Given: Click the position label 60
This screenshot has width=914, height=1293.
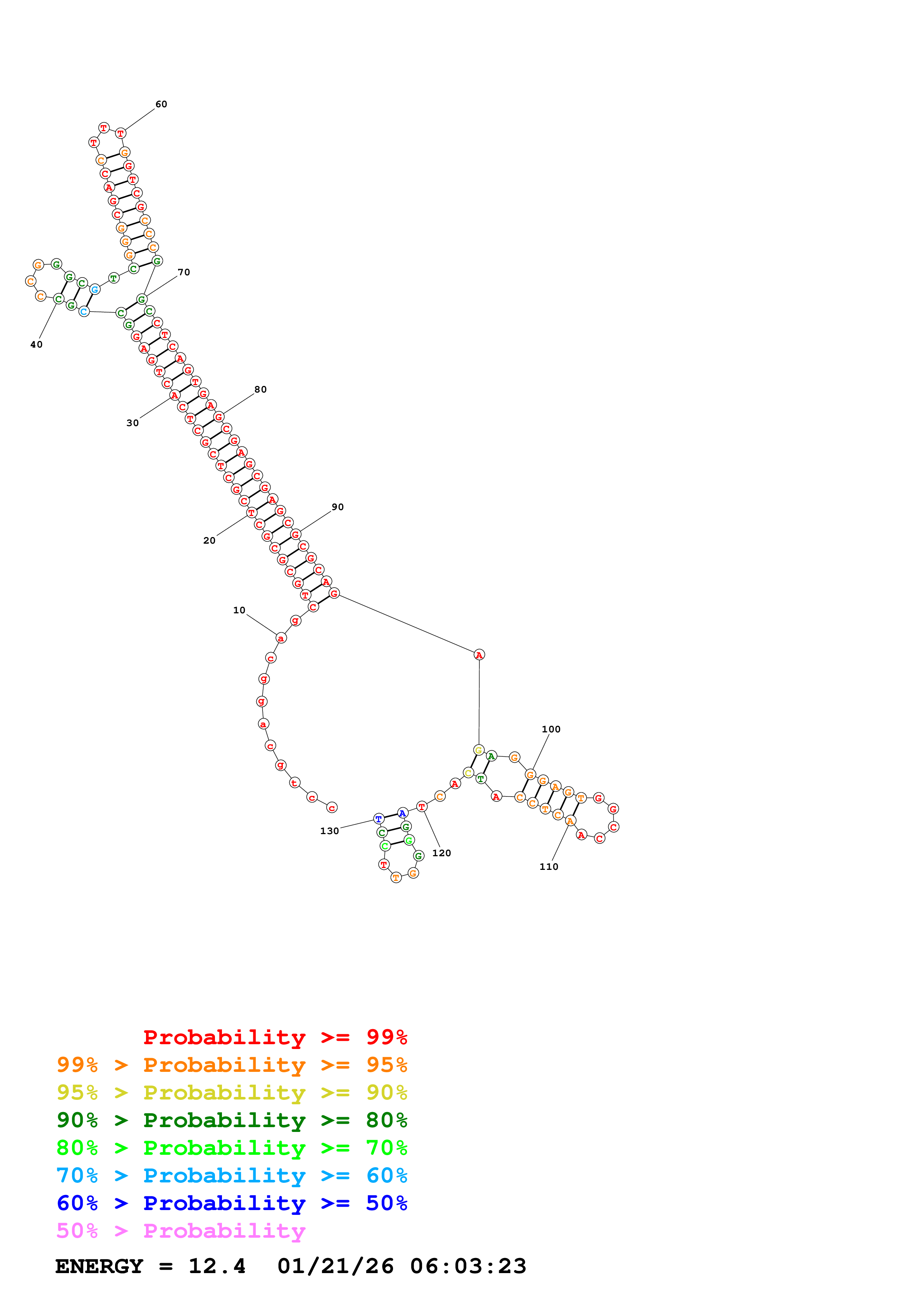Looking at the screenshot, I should (x=161, y=104).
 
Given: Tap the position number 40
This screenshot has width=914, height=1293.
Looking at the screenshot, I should (x=36, y=345).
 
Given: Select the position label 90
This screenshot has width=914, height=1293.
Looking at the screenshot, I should (x=337, y=507).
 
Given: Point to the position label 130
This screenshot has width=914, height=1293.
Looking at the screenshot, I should (x=330, y=831).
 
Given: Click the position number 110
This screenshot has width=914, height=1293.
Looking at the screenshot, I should (x=549, y=867).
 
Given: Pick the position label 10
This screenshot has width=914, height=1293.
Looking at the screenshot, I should (x=239, y=610).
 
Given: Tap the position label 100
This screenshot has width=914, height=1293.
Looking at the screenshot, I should (x=551, y=729).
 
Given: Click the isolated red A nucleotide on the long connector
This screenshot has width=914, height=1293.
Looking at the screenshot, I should (x=479, y=654).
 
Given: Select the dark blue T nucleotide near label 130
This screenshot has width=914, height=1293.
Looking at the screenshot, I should (x=378, y=818).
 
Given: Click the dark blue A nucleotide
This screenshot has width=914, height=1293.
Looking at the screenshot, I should (x=402, y=813).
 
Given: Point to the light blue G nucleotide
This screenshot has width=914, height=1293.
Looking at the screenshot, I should (x=95, y=289).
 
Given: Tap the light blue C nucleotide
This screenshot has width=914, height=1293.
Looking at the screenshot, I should (x=84, y=311).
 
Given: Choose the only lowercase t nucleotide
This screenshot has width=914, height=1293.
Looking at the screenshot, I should (x=294, y=783).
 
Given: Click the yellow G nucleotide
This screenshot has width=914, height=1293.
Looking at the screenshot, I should (x=478, y=750).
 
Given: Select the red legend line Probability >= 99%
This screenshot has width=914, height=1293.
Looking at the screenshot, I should (x=275, y=1037).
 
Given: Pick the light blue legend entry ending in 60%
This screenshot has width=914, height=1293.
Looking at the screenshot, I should (x=232, y=1176).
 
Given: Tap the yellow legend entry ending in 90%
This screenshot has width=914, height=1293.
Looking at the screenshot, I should (x=232, y=1092).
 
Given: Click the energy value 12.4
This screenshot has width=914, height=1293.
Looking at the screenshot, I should (x=217, y=1266).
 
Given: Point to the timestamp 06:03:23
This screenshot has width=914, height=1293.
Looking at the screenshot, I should (x=468, y=1266).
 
